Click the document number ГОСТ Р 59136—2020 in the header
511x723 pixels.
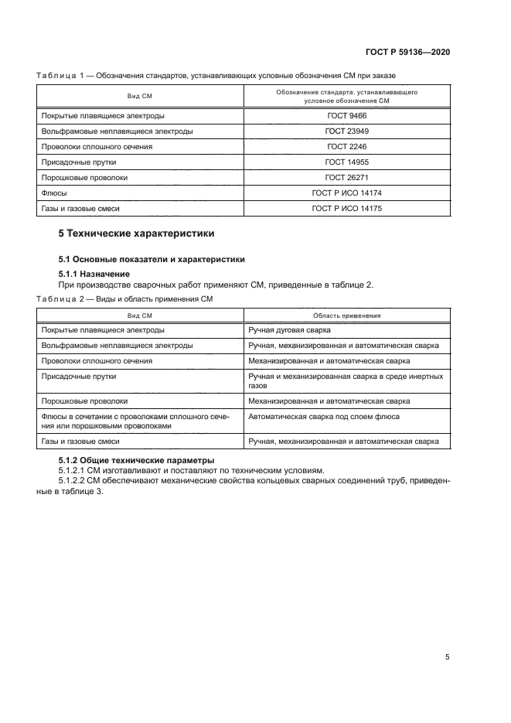point(408,52)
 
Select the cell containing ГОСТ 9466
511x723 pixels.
point(345,115)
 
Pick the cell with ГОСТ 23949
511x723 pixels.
point(345,131)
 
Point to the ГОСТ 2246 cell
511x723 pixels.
point(345,146)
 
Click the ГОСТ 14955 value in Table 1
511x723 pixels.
point(345,162)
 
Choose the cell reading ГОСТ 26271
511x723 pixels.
point(345,177)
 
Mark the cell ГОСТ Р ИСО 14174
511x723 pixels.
point(345,193)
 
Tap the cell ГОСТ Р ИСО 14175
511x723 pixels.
point(345,209)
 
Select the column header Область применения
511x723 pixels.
point(345,315)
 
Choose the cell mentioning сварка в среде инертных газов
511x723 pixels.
point(345,380)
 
